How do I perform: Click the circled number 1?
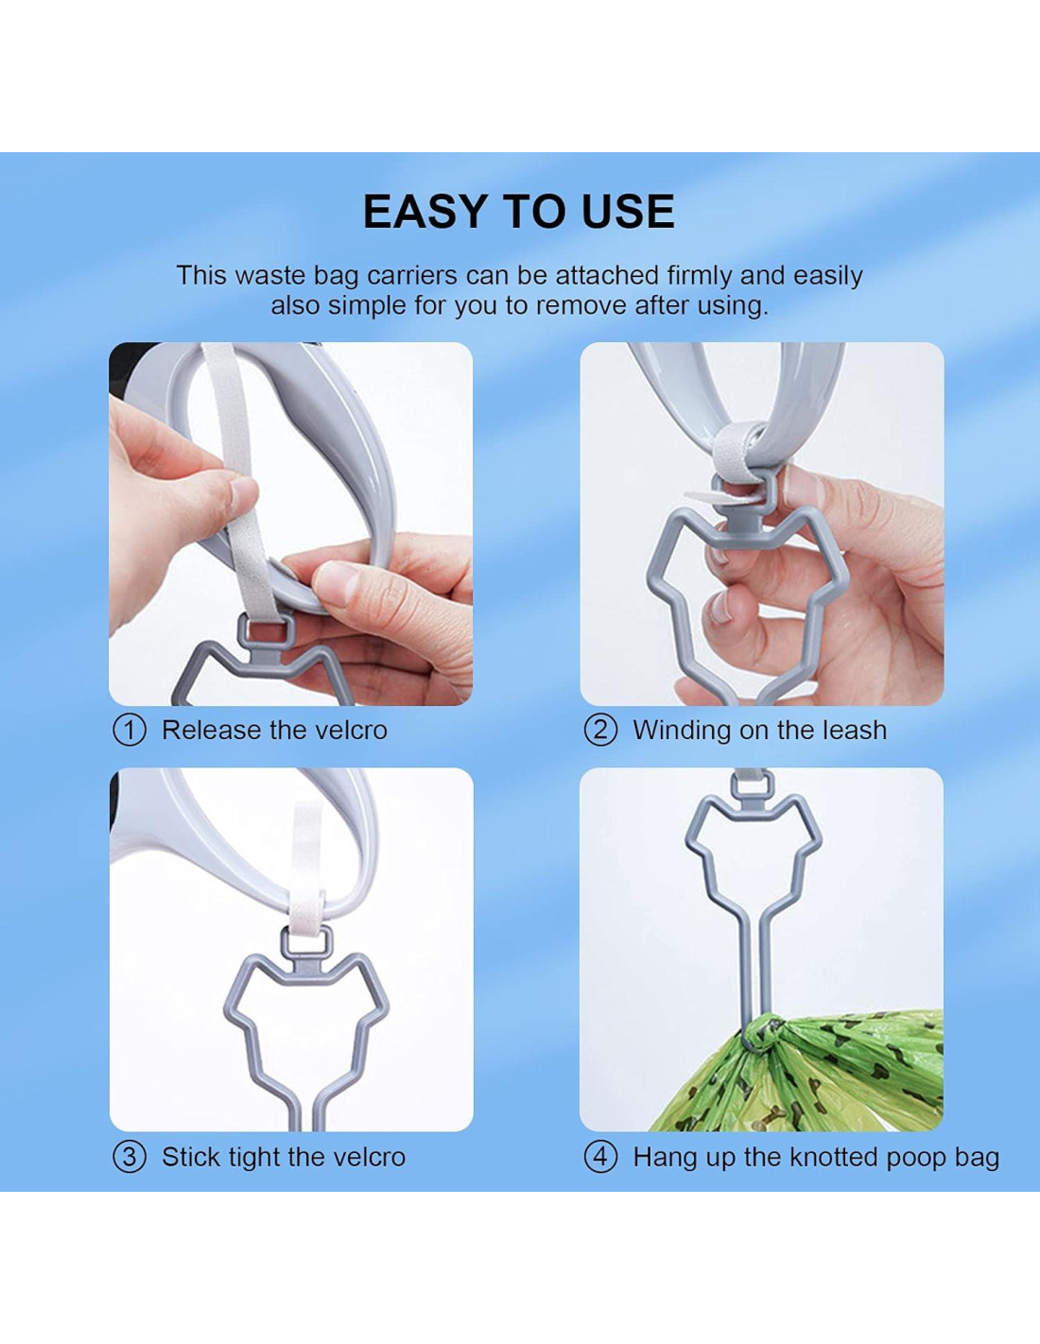click(x=130, y=731)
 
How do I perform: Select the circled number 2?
click(x=600, y=731)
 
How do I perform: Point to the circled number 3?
click(x=130, y=1157)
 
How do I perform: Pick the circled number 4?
click(x=600, y=1157)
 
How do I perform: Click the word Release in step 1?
click(x=212, y=731)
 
